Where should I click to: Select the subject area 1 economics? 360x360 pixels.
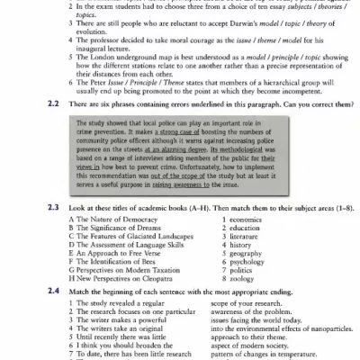[x=243, y=220]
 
